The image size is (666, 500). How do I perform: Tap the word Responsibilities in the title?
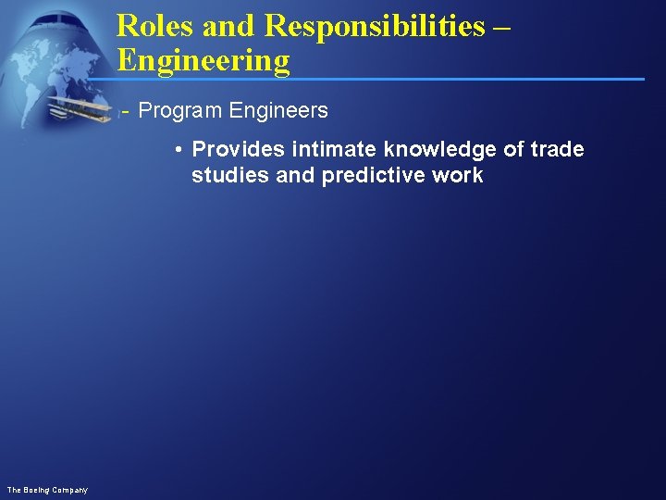coord(374,26)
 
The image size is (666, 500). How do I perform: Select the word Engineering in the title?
coord(203,61)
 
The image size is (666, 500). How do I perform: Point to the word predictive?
coord(376,176)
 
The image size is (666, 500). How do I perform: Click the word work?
coord(459,176)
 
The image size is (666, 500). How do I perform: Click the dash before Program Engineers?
coord(126,112)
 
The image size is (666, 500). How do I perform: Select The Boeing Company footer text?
coord(47,489)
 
